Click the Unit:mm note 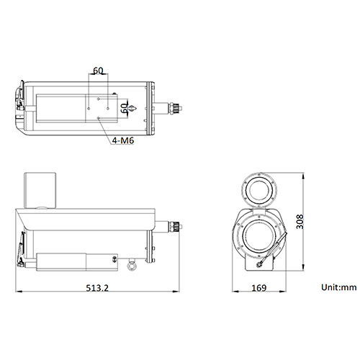pos(339,287)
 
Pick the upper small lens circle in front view pos(259,189)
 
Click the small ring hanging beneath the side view pos(131,267)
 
